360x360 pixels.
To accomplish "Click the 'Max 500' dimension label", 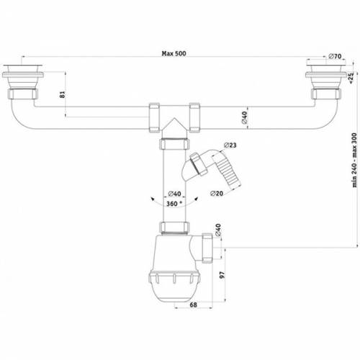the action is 174,53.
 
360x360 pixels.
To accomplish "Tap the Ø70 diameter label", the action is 335,56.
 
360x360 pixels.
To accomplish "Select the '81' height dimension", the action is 62,94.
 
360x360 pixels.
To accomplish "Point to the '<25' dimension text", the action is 351,78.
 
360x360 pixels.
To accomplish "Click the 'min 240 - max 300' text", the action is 354,160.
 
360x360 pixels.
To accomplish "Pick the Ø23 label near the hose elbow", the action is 230,145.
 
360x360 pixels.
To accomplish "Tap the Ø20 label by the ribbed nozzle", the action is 217,193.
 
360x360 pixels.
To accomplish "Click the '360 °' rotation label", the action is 174,204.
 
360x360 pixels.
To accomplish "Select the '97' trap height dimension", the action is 222,275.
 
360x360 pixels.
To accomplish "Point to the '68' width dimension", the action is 193,305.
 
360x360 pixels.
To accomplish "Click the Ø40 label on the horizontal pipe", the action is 244,117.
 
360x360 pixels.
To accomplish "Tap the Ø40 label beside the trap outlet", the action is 217,230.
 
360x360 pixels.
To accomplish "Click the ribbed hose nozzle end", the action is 228,171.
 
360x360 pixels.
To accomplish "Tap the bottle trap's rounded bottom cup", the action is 174,287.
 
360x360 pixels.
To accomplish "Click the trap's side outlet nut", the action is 207,248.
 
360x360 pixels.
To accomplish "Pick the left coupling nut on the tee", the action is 154,118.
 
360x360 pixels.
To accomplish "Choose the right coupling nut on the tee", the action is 194,118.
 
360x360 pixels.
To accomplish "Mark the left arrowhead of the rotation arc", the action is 152,199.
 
